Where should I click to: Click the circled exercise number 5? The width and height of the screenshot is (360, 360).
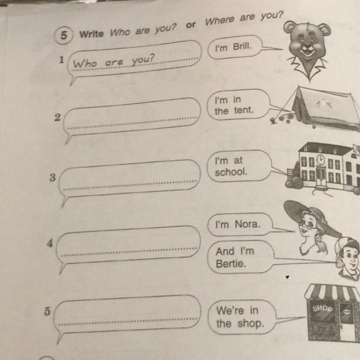tap(64, 35)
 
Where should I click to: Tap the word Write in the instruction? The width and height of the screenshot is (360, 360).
tap(92, 34)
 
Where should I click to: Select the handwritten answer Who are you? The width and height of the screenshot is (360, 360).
tap(114, 61)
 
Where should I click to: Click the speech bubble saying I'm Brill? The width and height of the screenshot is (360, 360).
tap(235, 47)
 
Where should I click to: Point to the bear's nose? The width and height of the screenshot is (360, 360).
tap(305, 46)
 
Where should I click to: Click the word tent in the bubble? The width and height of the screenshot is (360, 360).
tap(244, 110)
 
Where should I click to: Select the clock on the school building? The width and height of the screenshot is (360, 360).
tap(321, 159)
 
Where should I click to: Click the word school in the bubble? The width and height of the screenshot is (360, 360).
tap(231, 172)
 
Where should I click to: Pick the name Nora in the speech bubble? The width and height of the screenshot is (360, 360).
tap(247, 224)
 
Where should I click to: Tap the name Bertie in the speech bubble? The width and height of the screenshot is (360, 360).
tap(231, 264)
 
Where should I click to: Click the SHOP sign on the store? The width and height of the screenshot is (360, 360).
tap(322, 308)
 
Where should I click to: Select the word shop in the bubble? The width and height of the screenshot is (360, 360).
tap(250, 324)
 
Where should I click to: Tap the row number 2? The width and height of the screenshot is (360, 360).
tap(57, 118)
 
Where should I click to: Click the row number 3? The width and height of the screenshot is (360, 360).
tap(52, 178)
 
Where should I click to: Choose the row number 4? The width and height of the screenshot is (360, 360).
tap(50, 243)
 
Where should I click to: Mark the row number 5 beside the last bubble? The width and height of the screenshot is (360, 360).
tap(47, 311)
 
